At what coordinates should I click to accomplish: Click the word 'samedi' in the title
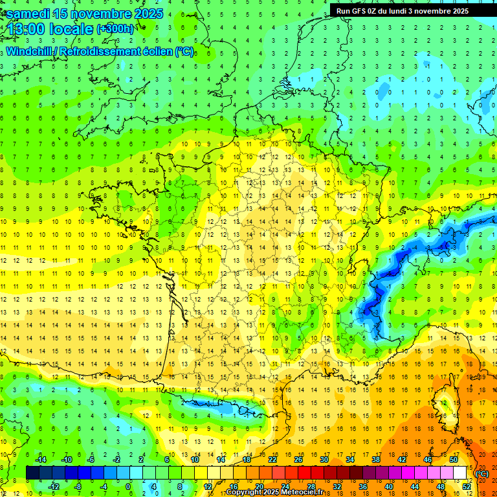point(29,13)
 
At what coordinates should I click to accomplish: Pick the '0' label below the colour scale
point(128,486)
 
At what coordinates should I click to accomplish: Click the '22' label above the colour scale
point(272,459)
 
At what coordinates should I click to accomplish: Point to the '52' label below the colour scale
point(466,486)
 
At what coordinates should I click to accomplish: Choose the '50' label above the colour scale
point(453,459)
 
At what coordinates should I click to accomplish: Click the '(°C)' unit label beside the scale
point(482,474)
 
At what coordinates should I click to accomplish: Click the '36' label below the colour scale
point(362,486)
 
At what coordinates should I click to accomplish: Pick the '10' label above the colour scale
point(195,459)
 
